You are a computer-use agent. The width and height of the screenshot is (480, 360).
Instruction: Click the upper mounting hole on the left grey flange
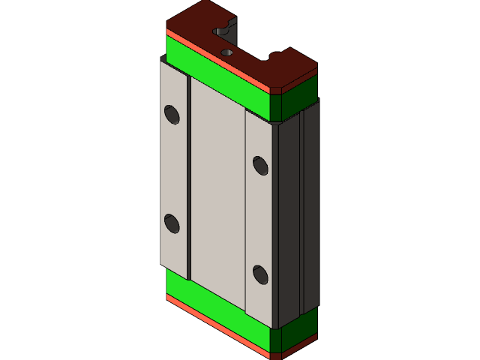click(x=172, y=114)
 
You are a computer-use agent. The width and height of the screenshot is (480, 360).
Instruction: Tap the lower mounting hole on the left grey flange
click(x=172, y=223)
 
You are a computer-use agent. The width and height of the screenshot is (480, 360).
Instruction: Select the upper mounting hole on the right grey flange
click(x=260, y=165)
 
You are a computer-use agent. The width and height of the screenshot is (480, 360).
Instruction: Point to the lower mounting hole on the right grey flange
click(x=260, y=274)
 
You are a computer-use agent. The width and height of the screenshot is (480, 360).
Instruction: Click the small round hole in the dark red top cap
click(x=227, y=52)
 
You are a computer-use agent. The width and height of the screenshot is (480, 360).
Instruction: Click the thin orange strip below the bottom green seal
click(x=217, y=325)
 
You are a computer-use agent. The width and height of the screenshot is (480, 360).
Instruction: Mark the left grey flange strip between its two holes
click(x=173, y=169)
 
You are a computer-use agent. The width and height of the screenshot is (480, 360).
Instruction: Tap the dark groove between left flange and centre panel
click(x=189, y=180)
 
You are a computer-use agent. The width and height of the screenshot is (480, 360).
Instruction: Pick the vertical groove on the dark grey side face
click(x=301, y=210)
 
